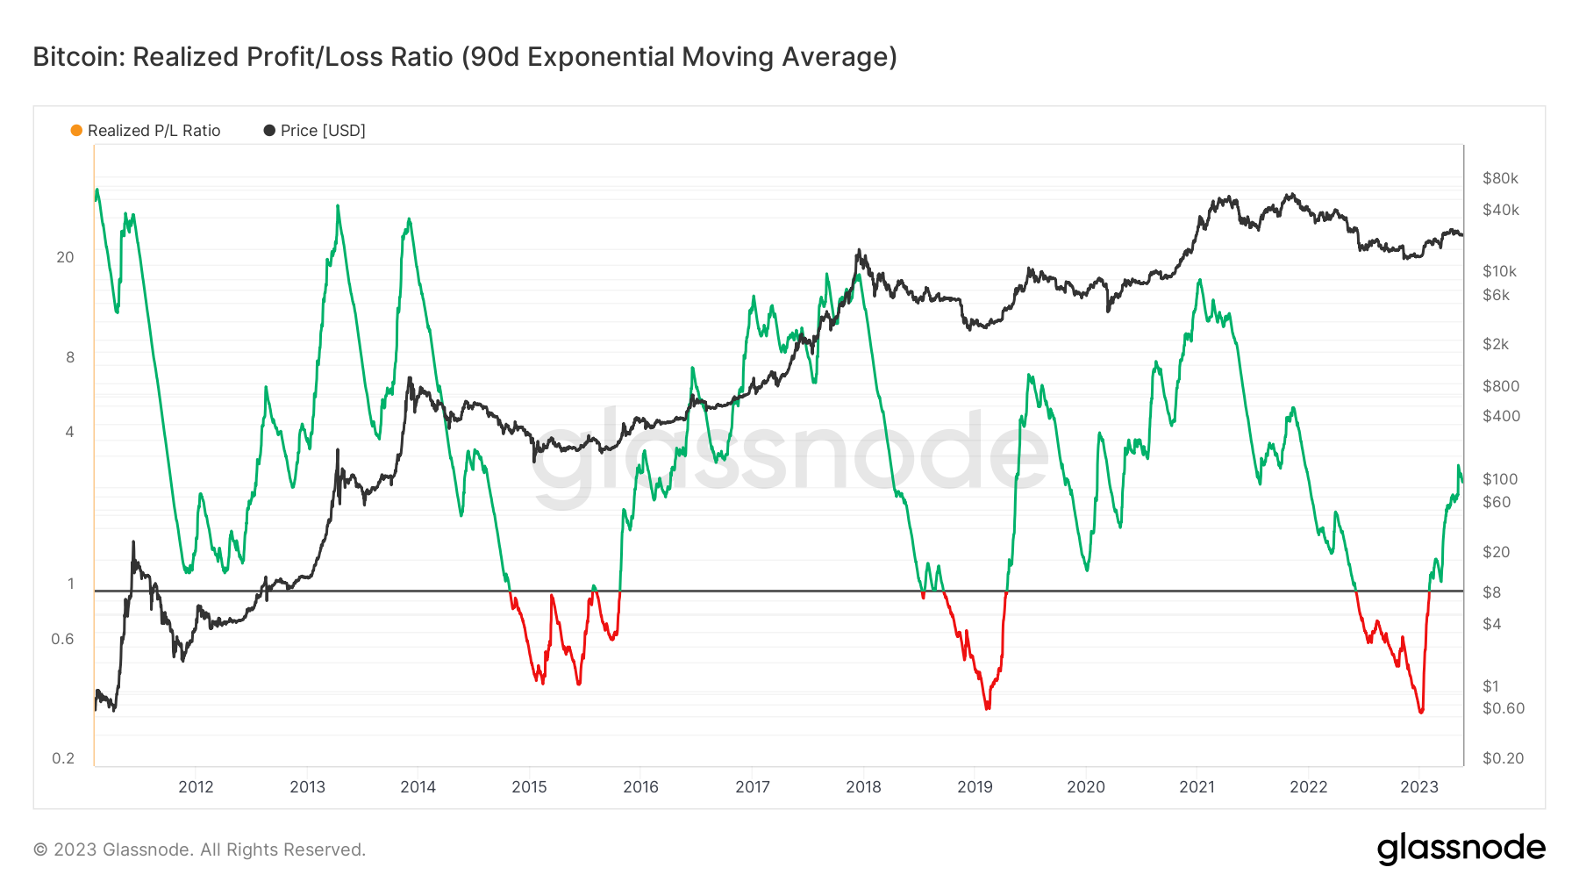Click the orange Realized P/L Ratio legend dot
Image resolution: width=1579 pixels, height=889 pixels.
76,131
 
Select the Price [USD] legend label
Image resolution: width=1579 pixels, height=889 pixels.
323,131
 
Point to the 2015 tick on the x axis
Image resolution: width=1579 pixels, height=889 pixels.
529,787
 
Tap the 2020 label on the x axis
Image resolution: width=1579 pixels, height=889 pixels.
1086,787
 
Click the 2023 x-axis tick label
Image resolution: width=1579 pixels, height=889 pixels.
1419,787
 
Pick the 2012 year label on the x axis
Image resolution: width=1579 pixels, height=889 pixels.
196,787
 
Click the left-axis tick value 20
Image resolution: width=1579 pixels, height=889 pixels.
65,257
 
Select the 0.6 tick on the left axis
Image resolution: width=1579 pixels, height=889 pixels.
62,639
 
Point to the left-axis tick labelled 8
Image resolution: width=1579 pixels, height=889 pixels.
70,357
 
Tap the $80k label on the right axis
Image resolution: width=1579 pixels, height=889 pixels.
1500,178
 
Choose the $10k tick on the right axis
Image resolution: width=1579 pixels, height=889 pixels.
1499,271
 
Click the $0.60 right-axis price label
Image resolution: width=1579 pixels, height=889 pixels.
1504,708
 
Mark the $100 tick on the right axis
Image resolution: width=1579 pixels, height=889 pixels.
1500,479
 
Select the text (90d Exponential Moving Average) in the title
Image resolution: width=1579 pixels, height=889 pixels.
679,57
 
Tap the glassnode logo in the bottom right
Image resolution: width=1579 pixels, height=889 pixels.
1461,849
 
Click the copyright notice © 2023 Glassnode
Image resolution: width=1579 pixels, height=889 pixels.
199,850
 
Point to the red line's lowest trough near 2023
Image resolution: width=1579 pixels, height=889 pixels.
1421,712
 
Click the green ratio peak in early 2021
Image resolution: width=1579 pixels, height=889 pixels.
1199,281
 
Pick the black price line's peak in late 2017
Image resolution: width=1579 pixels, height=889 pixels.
858,250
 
